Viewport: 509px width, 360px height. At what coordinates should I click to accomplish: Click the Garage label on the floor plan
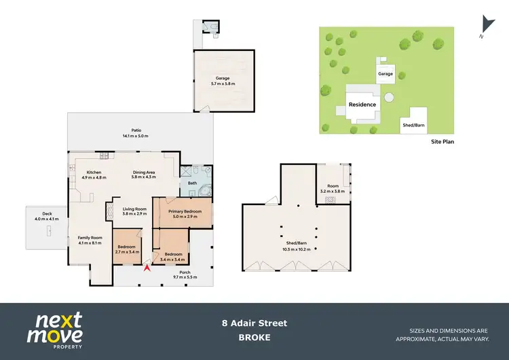pyautogui.click(x=223, y=78)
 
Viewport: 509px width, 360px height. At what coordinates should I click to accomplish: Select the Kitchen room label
pyautogui.click(x=94, y=173)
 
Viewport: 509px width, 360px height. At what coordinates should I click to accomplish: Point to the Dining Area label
pyautogui.click(x=144, y=173)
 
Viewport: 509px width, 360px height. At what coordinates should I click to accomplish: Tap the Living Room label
pyautogui.click(x=134, y=209)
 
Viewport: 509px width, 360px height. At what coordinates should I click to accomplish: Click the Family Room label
pyautogui.click(x=90, y=237)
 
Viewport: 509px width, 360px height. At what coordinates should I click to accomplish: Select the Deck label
pyautogui.click(x=45, y=215)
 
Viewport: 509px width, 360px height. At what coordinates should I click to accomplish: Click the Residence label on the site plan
pyautogui.click(x=362, y=105)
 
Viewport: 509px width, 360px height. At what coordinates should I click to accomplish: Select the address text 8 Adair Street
pyautogui.click(x=254, y=323)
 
